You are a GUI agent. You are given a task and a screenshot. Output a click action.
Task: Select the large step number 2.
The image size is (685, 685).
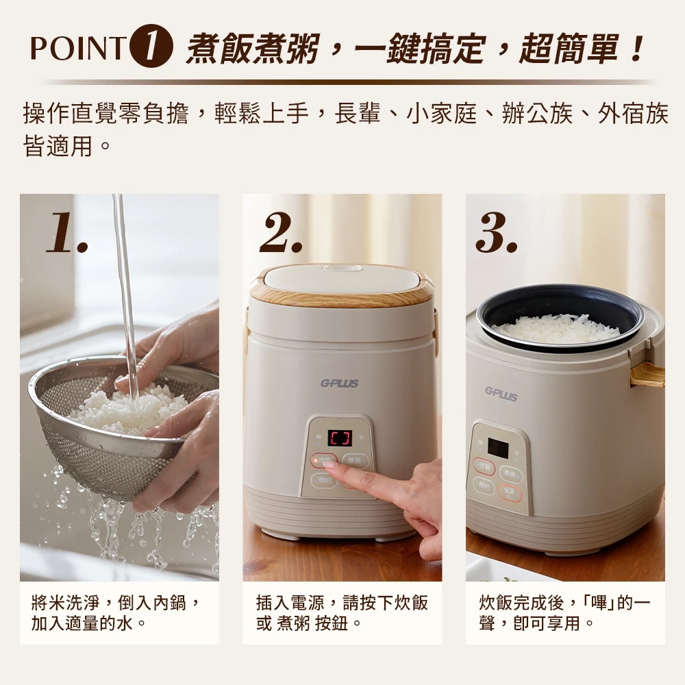[x=282, y=233]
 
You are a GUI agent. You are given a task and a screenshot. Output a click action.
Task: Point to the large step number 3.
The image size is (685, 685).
[x=496, y=233]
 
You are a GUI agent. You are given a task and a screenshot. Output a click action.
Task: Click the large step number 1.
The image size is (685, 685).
[x=66, y=233]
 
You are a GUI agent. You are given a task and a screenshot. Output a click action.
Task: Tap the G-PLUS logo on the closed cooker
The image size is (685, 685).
[x=339, y=384]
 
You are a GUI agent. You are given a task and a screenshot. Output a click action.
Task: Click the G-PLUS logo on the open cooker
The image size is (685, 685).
[x=501, y=393]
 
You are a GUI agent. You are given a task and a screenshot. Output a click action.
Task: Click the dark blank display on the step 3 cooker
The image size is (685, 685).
[x=497, y=449]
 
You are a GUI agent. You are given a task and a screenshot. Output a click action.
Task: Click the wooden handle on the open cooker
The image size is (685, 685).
[x=647, y=374]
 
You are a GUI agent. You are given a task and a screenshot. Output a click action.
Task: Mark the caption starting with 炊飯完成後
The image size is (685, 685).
[x=564, y=613]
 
